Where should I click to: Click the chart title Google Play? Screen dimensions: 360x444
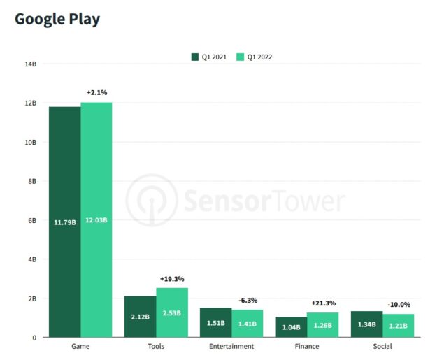click(57, 19)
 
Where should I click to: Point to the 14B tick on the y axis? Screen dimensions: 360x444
click(31, 64)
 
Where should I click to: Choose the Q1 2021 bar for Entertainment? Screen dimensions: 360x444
click(215, 322)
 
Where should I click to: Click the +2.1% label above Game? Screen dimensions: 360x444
click(96, 92)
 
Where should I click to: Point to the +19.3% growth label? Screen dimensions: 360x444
click(172, 278)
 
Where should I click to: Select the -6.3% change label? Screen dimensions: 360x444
click(248, 300)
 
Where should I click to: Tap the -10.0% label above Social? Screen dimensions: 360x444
click(399, 305)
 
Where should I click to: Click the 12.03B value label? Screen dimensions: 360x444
click(96, 221)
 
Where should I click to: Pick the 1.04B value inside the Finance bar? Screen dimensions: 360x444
click(291, 326)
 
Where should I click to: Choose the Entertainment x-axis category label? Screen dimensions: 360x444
click(231, 347)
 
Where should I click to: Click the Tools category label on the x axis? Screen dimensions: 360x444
click(156, 347)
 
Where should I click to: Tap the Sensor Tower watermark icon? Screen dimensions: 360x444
click(151, 201)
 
